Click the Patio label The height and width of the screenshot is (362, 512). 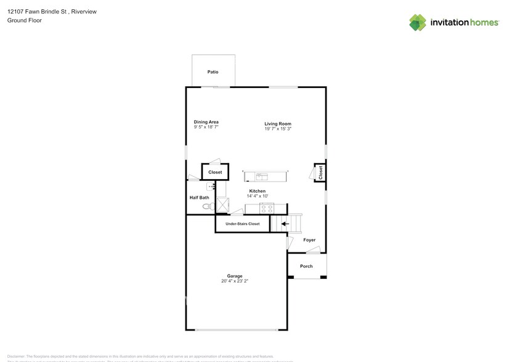click(x=213, y=72)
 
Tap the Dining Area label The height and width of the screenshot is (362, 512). click(x=206, y=122)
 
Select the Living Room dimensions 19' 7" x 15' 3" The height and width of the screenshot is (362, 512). click(x=278, y=129)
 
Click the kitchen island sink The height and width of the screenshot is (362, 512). click(x=262, y=177)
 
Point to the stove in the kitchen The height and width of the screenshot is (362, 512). click(x=266, y=207)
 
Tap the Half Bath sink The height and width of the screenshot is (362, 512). click(x=209, y=187)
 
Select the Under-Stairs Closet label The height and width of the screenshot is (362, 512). click(x=242, y=224)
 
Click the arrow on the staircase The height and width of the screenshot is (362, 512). click(x=284, y=225)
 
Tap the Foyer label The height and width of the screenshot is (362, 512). click(x=309, y=240)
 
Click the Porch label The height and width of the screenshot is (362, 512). click(x=306, y=266)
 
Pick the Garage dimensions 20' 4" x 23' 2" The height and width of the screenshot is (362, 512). click(x=235, y=281)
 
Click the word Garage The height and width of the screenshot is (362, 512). click(x=235, y=276)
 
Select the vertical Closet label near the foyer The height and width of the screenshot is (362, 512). click(x=320, y=173)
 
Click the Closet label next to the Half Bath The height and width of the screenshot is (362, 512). click(x=215, y=172)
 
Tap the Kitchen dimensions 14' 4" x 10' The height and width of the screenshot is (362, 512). click(x=257, y=196)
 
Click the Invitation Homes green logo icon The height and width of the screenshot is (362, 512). click(x=418, y=22)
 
